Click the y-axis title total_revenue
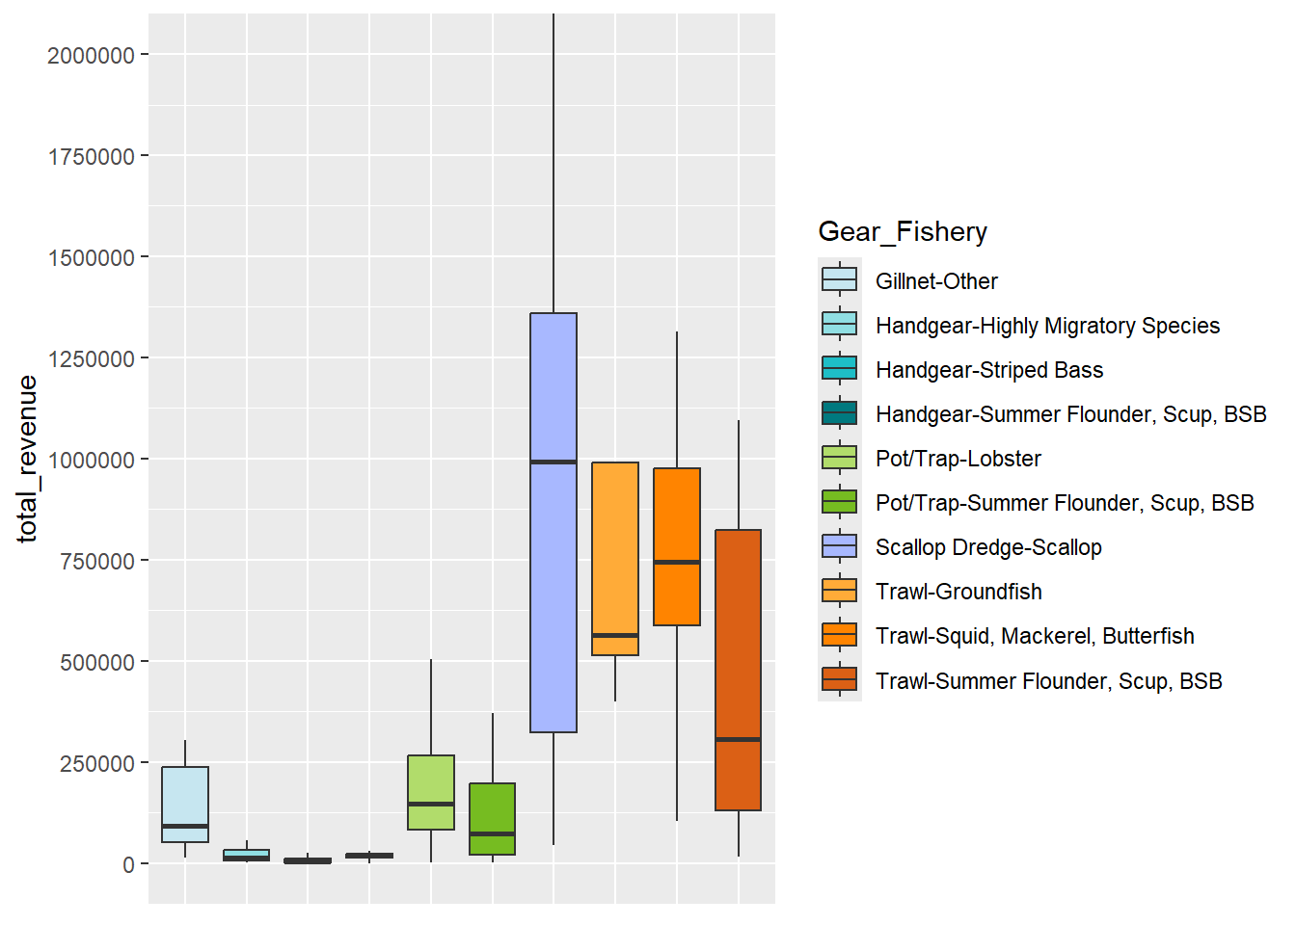click(27, 459)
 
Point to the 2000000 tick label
click(91, 56)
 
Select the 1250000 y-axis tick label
click(91, 359)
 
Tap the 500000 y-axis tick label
click(96, 663)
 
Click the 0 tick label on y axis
click(128, 865)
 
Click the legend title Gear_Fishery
click(903, 232)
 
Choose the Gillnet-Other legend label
click(935, 281)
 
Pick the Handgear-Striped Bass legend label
click(988, 370)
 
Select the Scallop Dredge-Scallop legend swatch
click(839, 547)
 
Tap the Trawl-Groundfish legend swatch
click(839, 592)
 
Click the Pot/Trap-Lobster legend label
click(958, 459)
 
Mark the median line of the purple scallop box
click(553, 462)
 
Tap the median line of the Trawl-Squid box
click(677, 562)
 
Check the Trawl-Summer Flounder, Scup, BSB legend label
click(1048, 681)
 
